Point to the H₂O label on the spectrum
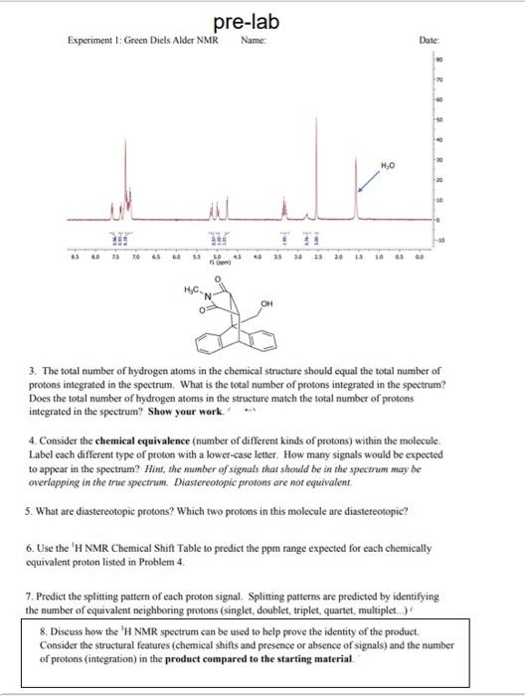(x=388, y=165)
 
